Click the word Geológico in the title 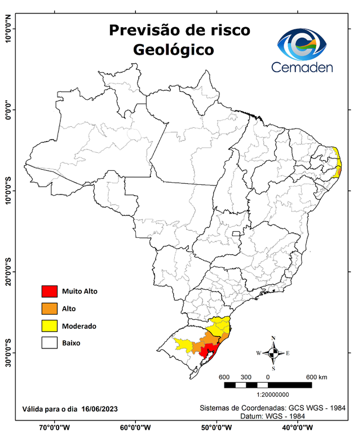tap(174, 50)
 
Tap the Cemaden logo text tap(302, 67)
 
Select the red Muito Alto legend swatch tap(50, 291)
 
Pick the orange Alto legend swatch tap(50, 308)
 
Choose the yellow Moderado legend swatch tap(50, 326)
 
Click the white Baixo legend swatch tap(50, 343)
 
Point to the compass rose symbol tap(273, 353)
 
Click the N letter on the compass tap(273, 338)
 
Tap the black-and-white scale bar tap(267, 385)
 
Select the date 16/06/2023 tap(100, 408)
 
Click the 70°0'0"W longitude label tap(54, 427)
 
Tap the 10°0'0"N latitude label tap(8, 29)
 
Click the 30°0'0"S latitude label tap(8, 353)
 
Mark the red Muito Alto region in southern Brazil tap(209, 352)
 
